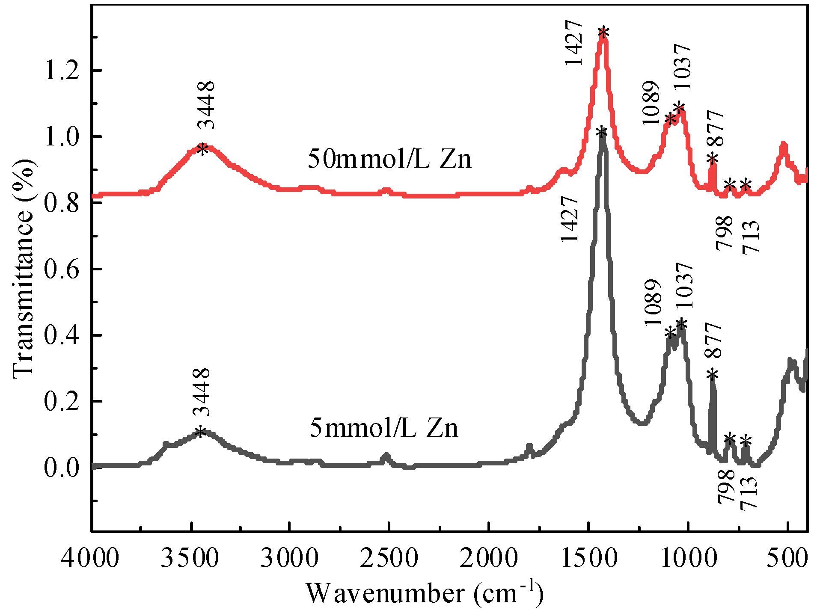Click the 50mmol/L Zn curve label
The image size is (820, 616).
tap(389, 159)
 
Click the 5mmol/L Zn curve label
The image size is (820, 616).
tap(384, 427)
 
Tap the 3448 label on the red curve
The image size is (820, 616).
tap(206, 105)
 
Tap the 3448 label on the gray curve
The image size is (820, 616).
tap(201, 392)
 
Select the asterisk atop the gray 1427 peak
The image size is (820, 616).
tap(601, 133)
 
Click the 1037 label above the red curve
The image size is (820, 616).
tap(680, 67)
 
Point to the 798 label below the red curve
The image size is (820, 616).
tap(725, 233)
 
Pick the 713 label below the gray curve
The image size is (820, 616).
tap(749, 493)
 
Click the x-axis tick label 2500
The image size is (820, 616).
tap(389, 558)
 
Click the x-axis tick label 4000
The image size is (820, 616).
tap(90, 558)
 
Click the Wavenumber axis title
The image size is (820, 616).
tap(425, 593)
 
